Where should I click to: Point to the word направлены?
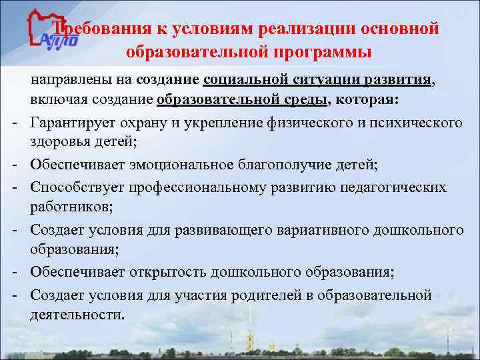[x=71, y=81]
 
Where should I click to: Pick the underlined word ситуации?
[x=326, y=81]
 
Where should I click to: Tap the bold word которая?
[x=368, y=101]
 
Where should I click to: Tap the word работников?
[x=64, y=206]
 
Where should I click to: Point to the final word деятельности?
[x=77, y=314]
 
